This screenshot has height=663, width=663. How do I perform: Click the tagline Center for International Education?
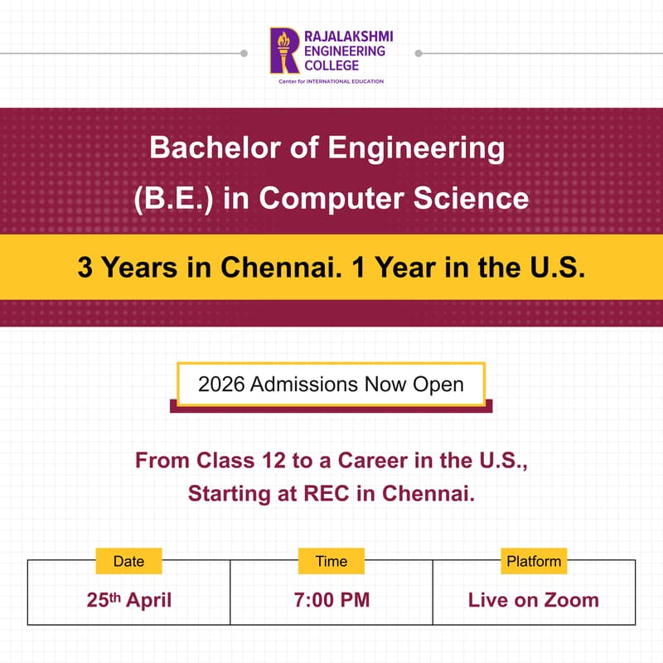tap(331, 81)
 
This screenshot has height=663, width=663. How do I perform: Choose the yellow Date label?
tap(128, 561)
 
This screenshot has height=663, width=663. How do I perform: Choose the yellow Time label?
tap(331, 561)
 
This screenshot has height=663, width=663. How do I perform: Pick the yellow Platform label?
tap(534, 561)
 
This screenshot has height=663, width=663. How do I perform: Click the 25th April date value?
tap(128, 600)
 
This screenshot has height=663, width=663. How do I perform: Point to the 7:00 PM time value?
tap(331, 600)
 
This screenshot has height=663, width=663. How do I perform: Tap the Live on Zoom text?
tap(534, 600)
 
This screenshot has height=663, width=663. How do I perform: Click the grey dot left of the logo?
tap(244, 53)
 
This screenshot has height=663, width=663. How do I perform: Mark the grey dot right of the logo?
tap(419, 53)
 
